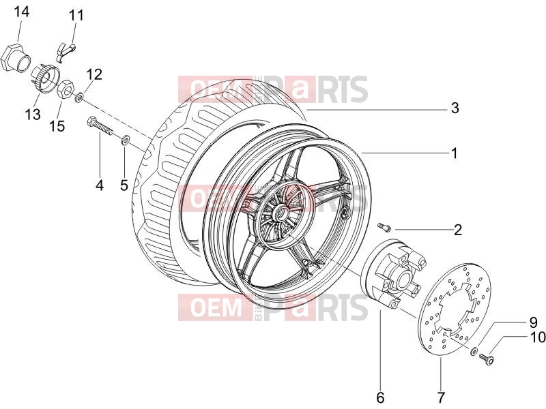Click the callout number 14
pyautogui.click(x=22, y=12)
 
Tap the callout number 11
pyautogui.click(x=76, y=16)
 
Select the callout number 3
pyautogui.click(x=455, y=108)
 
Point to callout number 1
pyautogui.click(x=454, y=153)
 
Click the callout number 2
pyautogui.click(x=457, y=230)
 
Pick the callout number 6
pyautogui.click(x=380, y=397)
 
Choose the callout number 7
pyautogui.click(x=441, y=397)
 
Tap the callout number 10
pyautogui.click(x=537, y=337)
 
